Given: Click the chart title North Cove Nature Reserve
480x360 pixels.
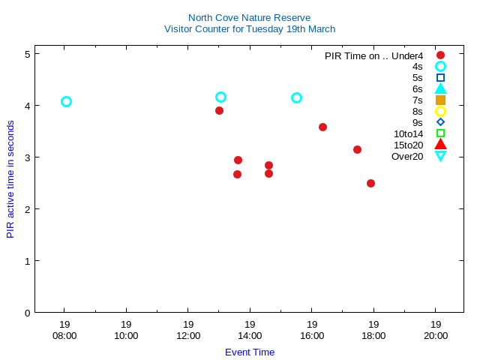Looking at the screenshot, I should tap(249, 17).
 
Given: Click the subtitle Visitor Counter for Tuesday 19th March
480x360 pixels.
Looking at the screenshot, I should tap(249, 29).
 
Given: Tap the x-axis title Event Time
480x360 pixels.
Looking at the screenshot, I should tap(249, 352).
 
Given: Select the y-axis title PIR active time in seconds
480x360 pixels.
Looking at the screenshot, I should tap(10, 180).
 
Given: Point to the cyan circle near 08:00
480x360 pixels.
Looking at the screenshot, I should tap(66, 102).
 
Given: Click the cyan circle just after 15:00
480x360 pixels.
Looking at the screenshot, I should tap(296, 98).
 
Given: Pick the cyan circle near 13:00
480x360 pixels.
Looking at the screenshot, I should tap(220, 97).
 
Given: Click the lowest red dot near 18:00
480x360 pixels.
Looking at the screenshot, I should tap(370, 183).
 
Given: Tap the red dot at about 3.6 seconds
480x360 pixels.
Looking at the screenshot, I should tap(322, 127).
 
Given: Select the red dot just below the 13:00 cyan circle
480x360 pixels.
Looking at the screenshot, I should tap(219, 111).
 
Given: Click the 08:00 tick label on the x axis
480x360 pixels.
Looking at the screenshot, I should tap(64, 336).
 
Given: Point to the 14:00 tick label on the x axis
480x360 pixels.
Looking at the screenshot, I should tap(250, 336).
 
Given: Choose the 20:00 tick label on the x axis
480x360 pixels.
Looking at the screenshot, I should tap(436, 336).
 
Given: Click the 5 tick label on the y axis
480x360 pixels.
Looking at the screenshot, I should tap(27, 54).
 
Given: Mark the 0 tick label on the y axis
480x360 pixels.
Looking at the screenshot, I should tap(27, 313).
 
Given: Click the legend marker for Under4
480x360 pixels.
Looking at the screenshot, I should tap(440, 55).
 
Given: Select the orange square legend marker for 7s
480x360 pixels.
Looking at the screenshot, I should tap(440, 100).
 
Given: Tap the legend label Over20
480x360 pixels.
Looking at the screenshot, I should tap(406, 157).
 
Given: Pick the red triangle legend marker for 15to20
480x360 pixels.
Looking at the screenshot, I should tap(440, 145).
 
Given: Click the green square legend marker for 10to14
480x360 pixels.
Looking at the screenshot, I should tap(440, 134).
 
